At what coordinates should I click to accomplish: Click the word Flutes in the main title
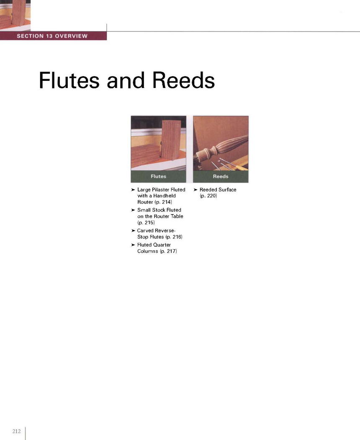click(69, 80)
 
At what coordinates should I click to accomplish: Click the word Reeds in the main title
click(183, 80)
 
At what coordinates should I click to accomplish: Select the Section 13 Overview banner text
click(52, 36)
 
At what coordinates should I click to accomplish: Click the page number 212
click(17, 431)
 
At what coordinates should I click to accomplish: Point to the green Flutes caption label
click(158, 176)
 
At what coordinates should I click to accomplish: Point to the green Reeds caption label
click(221, 176)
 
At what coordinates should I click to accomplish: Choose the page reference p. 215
click(146, 223)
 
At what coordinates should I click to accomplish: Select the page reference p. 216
click(174, 237)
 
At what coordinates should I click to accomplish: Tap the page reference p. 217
click(168, 251)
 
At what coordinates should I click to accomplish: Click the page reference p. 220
click(208, 196)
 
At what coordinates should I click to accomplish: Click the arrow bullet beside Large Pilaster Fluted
click(133, 190)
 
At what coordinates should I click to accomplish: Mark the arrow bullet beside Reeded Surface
click(195, 190)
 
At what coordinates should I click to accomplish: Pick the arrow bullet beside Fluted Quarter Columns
click(133, 245)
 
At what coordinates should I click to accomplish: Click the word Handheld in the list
click(165, 196)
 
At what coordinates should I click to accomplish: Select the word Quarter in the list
click(162, 245)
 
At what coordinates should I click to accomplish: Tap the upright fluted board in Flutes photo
click(171, 143)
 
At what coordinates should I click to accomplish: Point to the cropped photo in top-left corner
click(15, 15)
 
